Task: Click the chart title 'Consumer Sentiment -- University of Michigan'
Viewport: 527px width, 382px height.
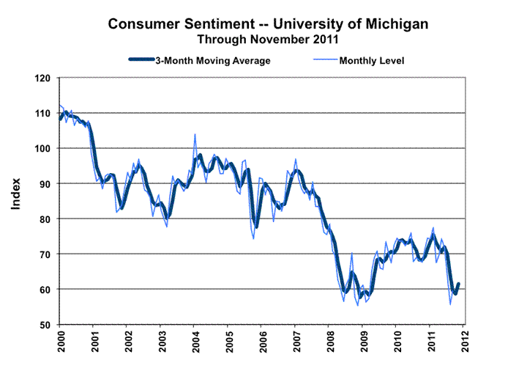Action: [x=268, y=24]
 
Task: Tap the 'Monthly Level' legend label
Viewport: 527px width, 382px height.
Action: [x=371, y=61]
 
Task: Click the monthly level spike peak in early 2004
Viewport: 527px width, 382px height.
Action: [x=195, y=135]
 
